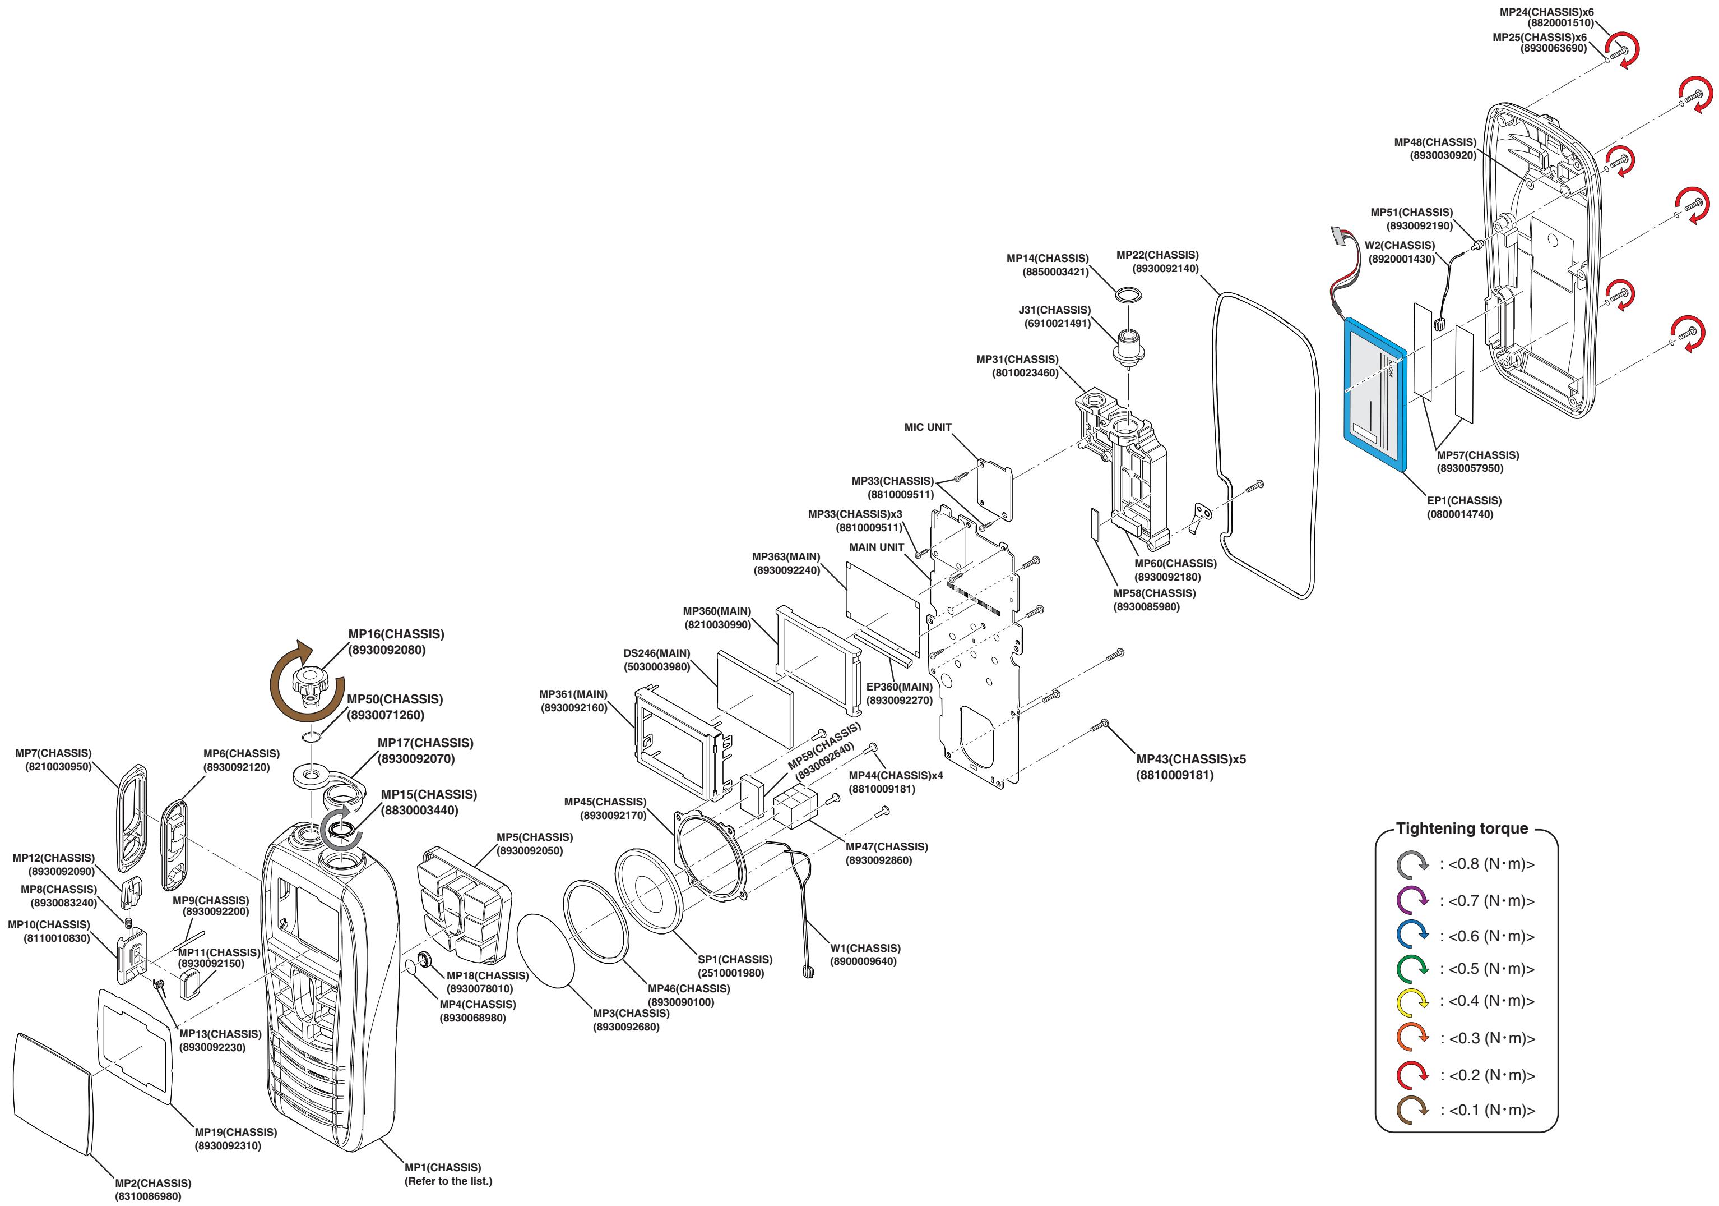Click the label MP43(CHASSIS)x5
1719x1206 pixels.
pyautogui.click(x=1191, y=759)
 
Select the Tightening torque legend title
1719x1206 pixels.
pyautogui.click(x=1461, y=828)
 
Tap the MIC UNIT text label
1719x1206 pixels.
pyautogui.click(x=928, y=427)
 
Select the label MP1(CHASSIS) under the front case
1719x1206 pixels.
pyautogui.click(x=442, y=1167)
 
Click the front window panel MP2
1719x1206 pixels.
pyautogui.click(x=53, y=1094)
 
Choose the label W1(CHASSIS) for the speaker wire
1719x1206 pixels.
pyautogui.click(x=865, y=949)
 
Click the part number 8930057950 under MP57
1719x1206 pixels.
pyautogui.click(x=1470, y=468)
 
